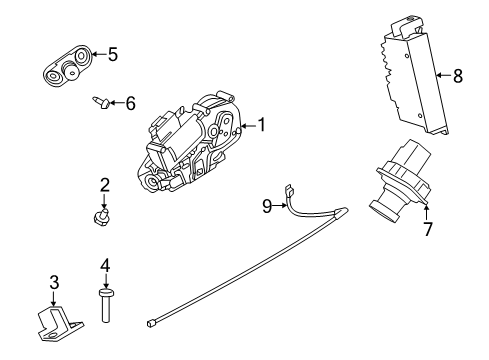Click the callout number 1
click(x=262, y=126)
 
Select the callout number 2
click(x=104, y=184)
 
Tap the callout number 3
click(x=55, y=283)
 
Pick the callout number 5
click(x=112, y=55)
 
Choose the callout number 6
click(x=130, y=102)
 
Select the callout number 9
click(x=267, y=207)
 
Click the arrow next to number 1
click(x=249, y=126)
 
